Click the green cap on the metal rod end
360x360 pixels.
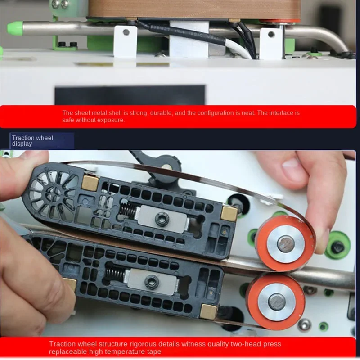[15, 28]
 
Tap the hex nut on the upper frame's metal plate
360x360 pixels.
[161, 219]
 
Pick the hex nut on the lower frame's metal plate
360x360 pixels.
[151, 282]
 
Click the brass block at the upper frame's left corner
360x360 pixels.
[90, 182]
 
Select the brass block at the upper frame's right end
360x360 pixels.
[229, 214]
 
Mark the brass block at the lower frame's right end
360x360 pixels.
[209, 311]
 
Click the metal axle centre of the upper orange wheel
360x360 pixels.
[286, 244]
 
